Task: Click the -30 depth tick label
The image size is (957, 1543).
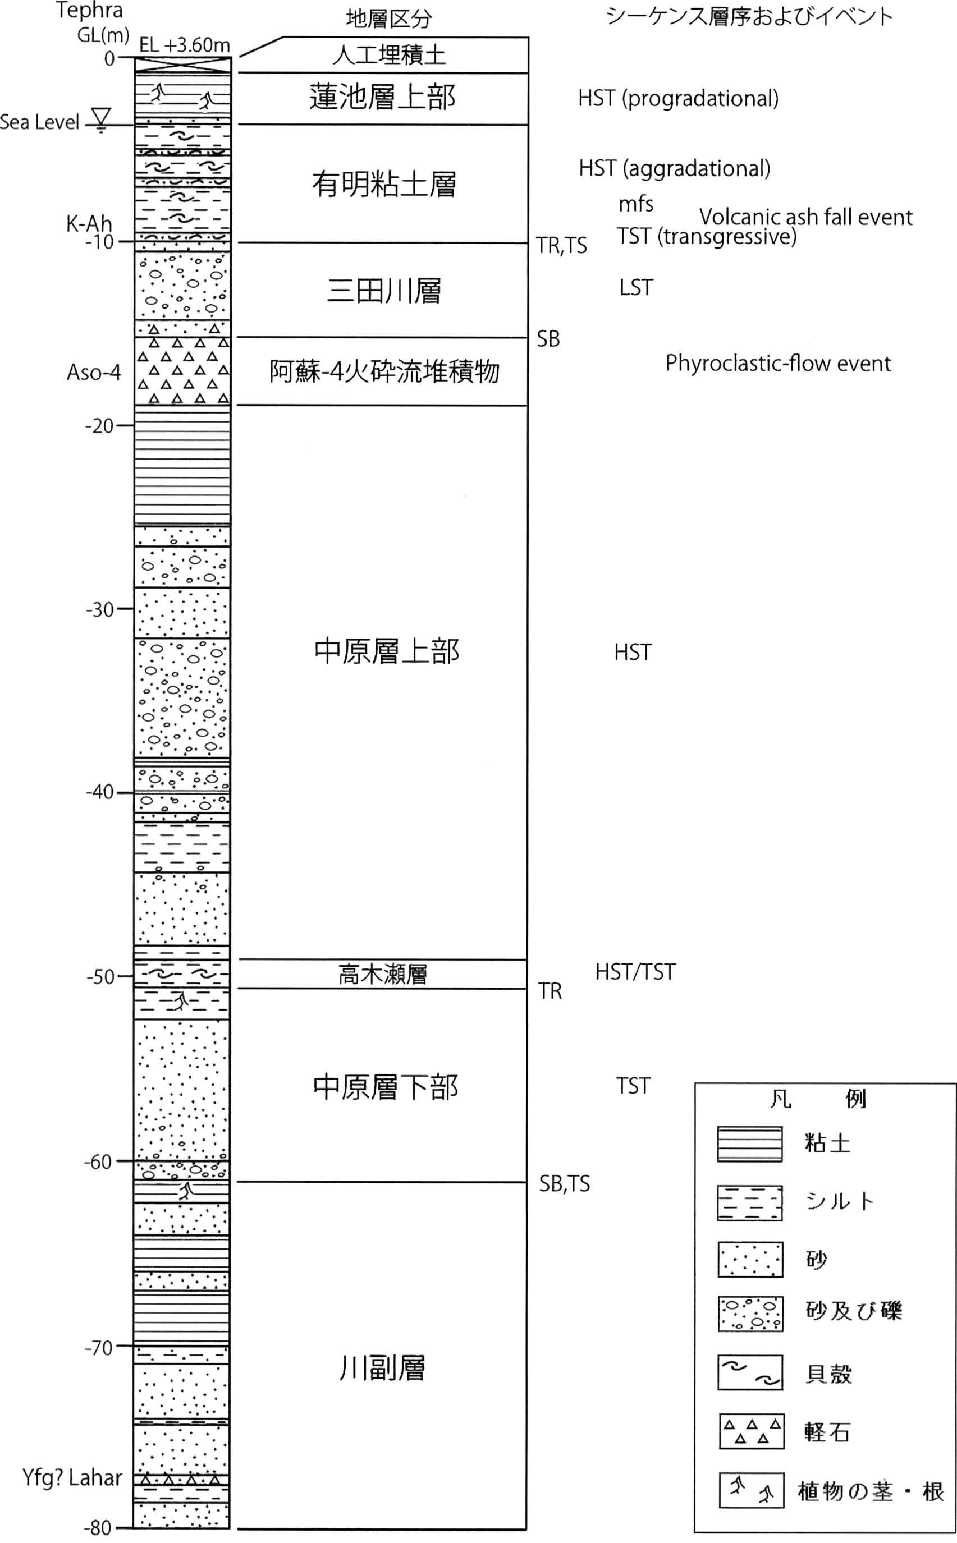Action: [100, 610]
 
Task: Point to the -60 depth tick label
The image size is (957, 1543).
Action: [98, 1163]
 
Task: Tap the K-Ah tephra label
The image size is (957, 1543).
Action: [89, 223]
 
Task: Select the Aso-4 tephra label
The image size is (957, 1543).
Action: [94, 372]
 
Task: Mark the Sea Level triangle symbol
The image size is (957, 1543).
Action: [101, 118]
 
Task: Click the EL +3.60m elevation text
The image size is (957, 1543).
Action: [184, 45]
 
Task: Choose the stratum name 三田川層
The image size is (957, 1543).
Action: [383, 291]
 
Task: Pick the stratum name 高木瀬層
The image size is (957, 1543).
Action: [383, 974]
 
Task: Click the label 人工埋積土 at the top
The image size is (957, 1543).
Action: [390, 55]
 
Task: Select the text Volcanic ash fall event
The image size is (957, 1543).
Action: [805, 217]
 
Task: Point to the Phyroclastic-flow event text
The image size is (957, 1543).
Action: [778, 364]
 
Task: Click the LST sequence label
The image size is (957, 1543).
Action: [636, 288]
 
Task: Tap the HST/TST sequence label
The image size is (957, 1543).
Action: [635, 972]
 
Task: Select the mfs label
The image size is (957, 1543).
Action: [636, 204]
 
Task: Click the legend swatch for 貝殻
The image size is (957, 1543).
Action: [750, 1372]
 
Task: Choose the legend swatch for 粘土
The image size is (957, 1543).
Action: [750, 1145]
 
